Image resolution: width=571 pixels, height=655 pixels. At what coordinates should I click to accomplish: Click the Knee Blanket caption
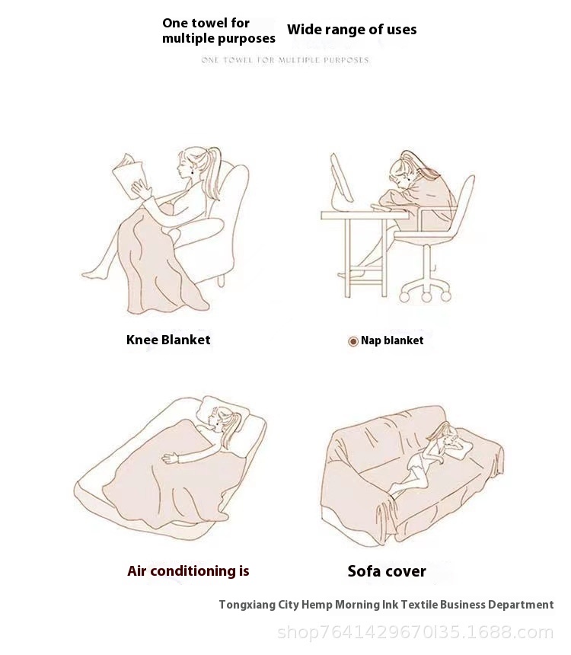(168, 340)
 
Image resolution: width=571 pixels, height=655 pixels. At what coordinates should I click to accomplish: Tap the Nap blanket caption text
(392, 340)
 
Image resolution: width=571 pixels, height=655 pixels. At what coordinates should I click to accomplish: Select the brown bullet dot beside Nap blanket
(353, 341)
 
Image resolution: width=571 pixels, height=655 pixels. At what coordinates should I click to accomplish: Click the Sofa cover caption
(387, 571)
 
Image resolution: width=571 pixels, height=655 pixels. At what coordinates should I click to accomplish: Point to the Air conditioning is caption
(188, 571)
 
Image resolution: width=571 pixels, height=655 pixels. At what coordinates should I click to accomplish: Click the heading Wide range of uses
(352, 30)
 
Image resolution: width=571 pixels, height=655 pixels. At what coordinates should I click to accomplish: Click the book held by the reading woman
(129, 175)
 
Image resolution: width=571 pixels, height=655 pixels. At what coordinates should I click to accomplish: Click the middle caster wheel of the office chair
(426, 297)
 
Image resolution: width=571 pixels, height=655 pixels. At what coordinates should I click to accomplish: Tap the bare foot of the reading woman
(94, 274)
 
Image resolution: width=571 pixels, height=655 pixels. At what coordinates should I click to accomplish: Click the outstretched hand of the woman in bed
(170, 458)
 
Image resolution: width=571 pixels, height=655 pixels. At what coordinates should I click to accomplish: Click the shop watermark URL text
(416, 632)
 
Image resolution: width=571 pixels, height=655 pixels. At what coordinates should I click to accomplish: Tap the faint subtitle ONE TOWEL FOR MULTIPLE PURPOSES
(285, 60)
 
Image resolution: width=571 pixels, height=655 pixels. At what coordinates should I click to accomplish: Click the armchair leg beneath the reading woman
(221, 280)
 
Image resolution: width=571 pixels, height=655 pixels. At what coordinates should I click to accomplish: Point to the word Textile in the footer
(419, 605)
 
